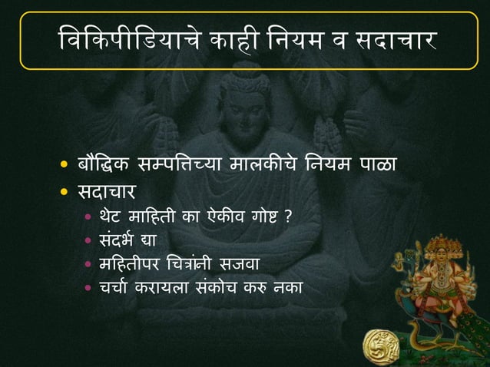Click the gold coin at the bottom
point(379,341)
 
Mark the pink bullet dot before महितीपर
point(89,265)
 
